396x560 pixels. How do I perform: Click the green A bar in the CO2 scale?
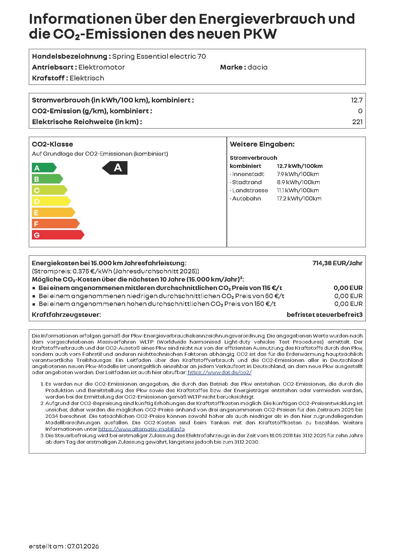[44, 168]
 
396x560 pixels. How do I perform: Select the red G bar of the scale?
[58, 235]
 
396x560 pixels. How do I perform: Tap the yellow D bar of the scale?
[51, 201]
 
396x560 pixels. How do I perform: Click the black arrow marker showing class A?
[115, 168]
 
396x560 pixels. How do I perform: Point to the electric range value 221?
[357, 122]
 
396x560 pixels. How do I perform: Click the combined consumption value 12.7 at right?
[357, 100]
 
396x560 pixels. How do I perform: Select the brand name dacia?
[257, 67]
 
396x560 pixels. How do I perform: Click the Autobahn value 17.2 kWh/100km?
[299, 199]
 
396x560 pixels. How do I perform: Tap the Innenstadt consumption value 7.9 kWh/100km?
[298, 174]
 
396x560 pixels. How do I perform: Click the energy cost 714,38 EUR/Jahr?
[337, 263]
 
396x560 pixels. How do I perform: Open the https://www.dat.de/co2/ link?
[219, 372]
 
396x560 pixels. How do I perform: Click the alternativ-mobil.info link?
[141, 429]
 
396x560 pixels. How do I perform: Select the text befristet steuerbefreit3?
[324, 315]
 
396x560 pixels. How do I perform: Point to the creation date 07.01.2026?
[83, 546]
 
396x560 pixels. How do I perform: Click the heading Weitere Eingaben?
[262, 144]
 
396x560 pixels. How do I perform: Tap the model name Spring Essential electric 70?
[159, 57]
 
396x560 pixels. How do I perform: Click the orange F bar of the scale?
[55, 224]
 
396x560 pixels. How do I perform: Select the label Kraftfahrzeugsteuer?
[66, 315]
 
